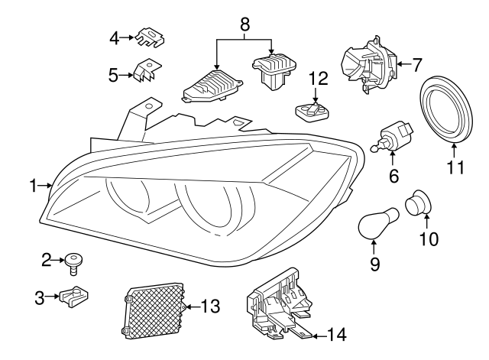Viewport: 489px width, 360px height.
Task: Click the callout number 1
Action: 34,184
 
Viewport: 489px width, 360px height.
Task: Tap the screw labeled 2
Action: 75,263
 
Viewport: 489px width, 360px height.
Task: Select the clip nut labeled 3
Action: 76,294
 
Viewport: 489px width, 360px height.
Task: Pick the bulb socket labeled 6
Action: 395,136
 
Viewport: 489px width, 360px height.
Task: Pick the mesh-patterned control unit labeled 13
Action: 154,310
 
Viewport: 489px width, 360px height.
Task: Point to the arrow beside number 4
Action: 128,36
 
